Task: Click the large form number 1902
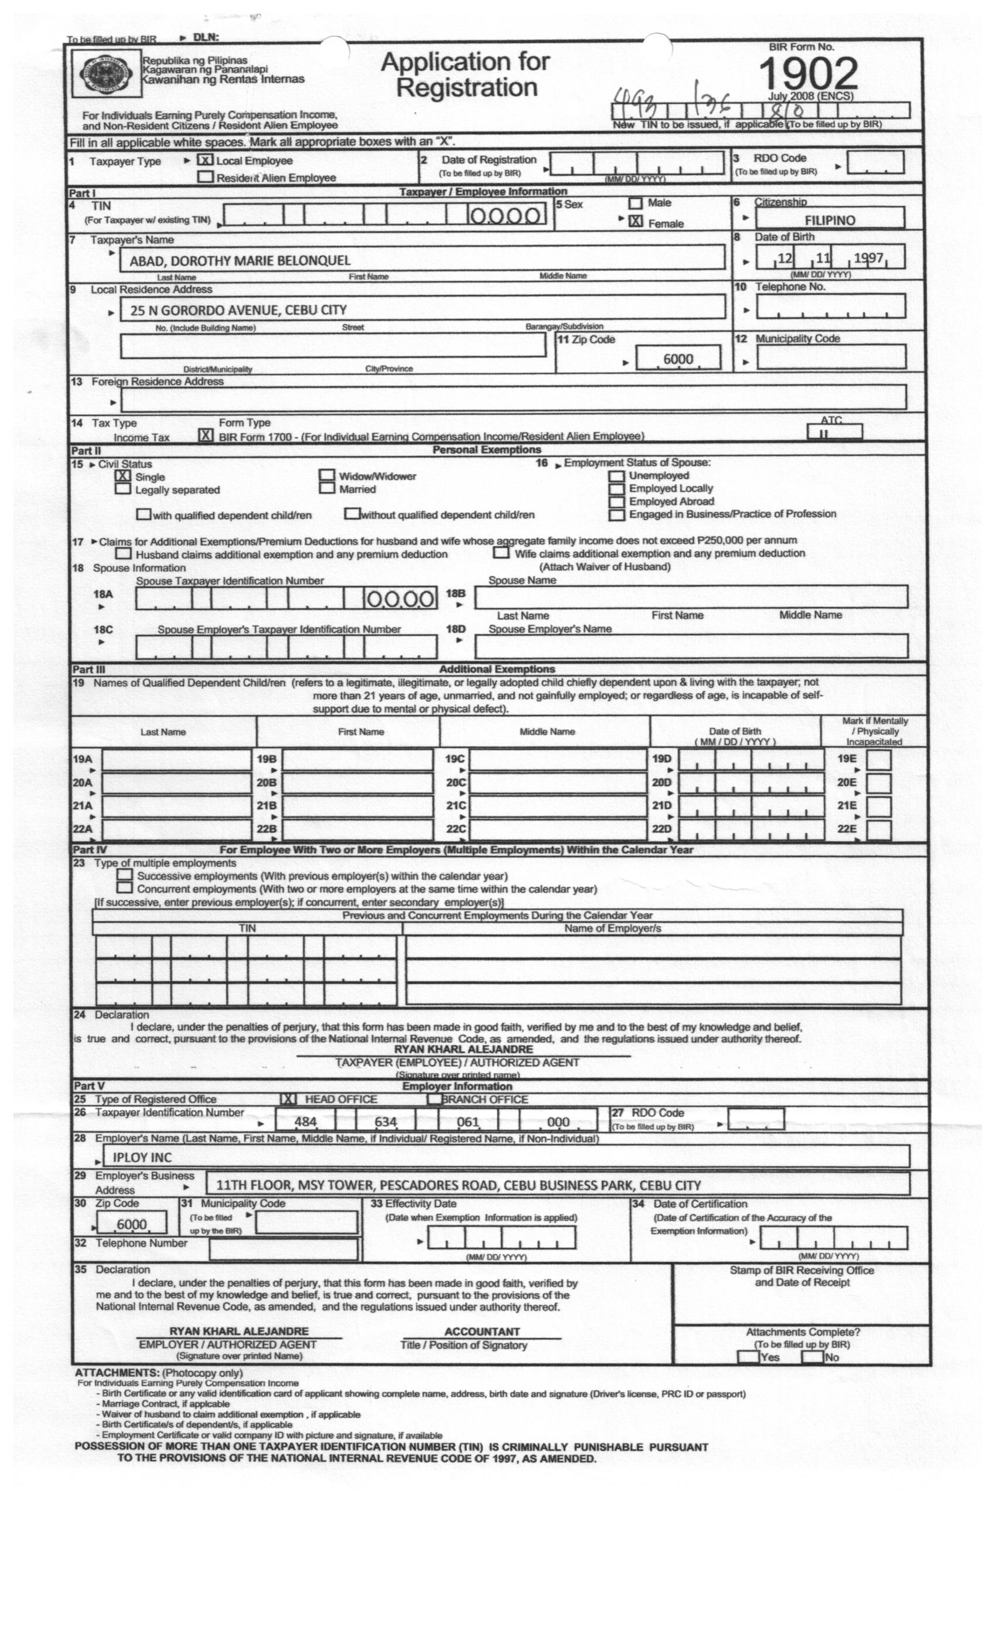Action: click(x=807, y=73)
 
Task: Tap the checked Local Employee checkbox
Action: click(x=205, y=161)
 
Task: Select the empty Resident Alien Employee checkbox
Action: click(x=206, y=177)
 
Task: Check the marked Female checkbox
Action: click(x=636, y=221)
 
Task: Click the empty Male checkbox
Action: click(x=636, y=203)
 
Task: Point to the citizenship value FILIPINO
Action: click(x=830, y=220)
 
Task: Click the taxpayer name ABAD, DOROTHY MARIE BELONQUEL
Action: click(x=240, y=260)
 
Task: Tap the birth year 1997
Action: click(x=868, y=258)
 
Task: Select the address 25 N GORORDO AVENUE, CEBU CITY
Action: click(x=238, y=309)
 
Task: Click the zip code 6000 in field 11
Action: click(x=678, y=359)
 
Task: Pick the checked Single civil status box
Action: click(x=123, y=476)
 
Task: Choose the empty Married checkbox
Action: click(x=327, y=489)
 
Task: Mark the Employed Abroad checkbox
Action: click(x=617, y=502)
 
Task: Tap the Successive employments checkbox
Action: click(x=124, y=875)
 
